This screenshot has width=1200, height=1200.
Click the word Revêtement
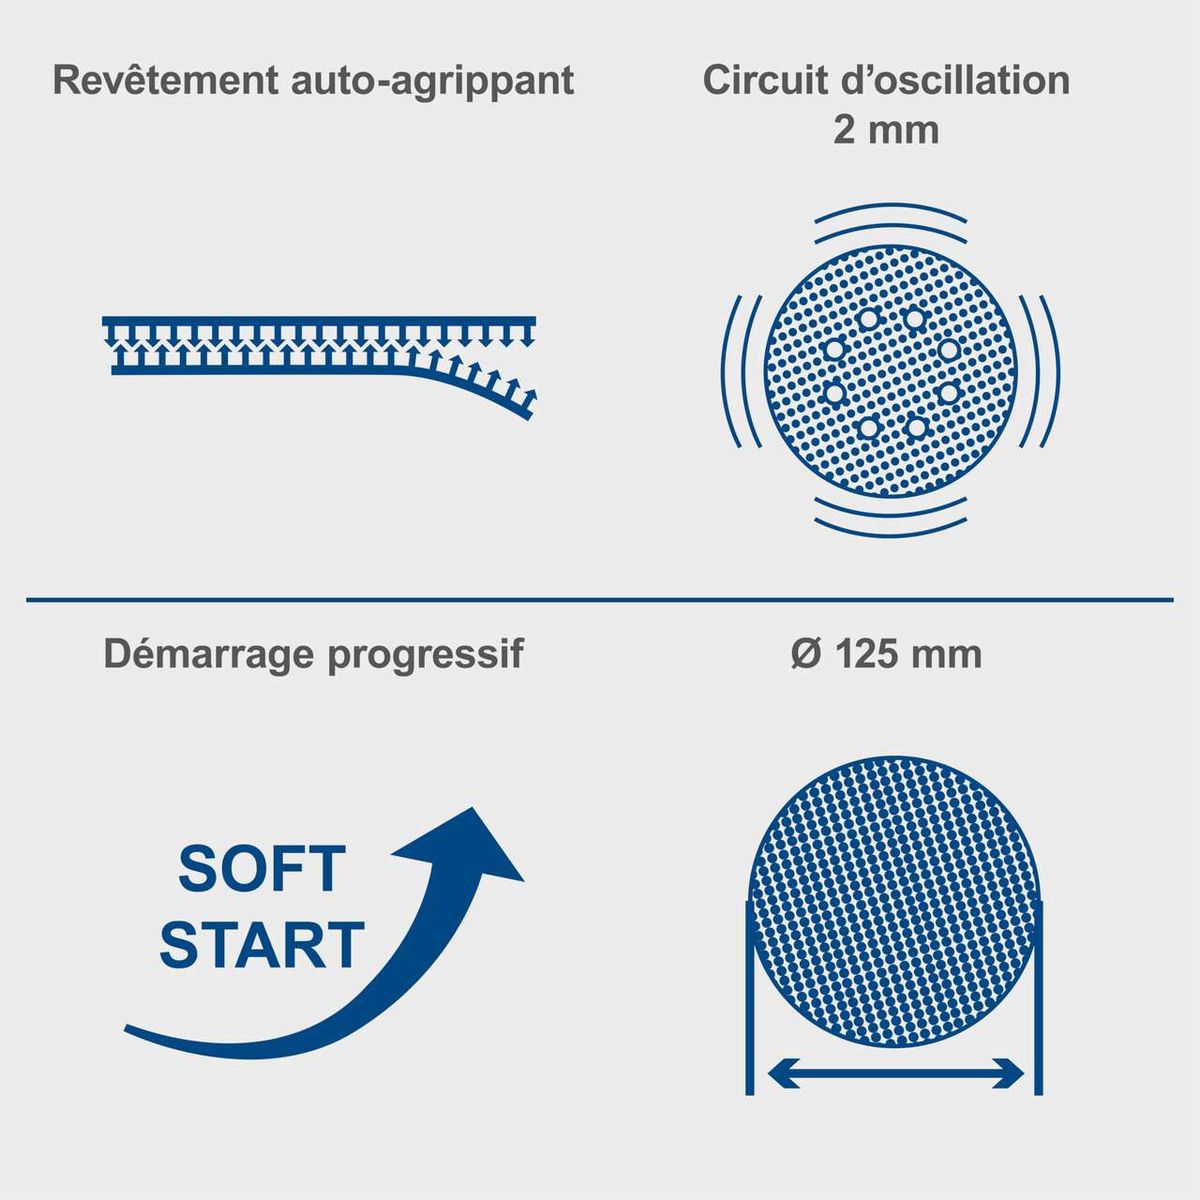pyautogui.click(x=165, y=80)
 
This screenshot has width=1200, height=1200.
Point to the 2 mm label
pyautogui.click(x=886, y=130)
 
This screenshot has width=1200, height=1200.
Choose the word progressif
pyautogui.click(x=425, y=655)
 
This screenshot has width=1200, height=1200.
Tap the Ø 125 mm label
pyautogui.click(x=886, y=653)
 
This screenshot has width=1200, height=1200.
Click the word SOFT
pyautogui.click(x=262, y=869)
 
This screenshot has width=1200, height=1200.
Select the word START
pyautogui.click(x=262, y=944)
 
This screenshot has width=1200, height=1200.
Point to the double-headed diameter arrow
pyautogui.click(x=895, y=1073)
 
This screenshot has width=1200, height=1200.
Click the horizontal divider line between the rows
pyautogui.click(x=600, y=600)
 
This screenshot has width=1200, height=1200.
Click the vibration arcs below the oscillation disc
pyautogui.click(x=891, y=517)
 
